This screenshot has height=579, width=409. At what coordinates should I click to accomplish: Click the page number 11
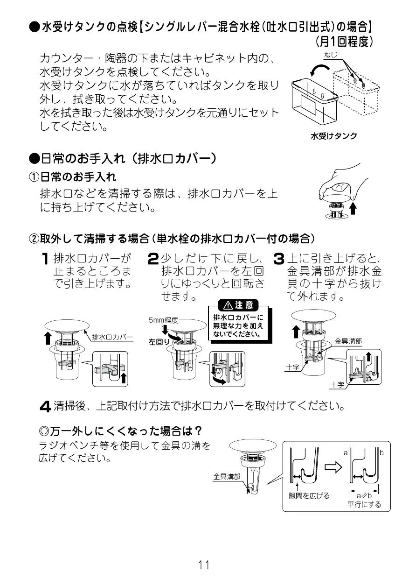pos(204,565)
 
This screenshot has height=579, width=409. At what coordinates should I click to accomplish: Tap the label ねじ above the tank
pos(330,56)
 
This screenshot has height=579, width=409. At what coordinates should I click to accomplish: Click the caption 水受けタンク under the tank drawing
pos(334,136)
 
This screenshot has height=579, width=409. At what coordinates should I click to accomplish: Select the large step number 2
pos(153,259)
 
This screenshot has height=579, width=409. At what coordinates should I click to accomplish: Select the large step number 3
pos(278,259)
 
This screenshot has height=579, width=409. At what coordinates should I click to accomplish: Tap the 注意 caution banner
pos(239,305)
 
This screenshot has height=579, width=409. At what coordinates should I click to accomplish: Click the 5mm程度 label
pos(163,320)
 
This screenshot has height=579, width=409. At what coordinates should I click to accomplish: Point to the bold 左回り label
pos(159,342)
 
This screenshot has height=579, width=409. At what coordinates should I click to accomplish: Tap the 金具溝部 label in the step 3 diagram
pos(348,341)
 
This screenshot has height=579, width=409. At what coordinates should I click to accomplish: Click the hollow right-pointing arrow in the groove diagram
pos(333,467)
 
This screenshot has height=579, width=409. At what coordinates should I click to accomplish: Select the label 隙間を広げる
pos(309,495)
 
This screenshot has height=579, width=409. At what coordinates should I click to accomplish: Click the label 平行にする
pos(364,504)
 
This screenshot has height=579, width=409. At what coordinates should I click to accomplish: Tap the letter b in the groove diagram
pos(381,453)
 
